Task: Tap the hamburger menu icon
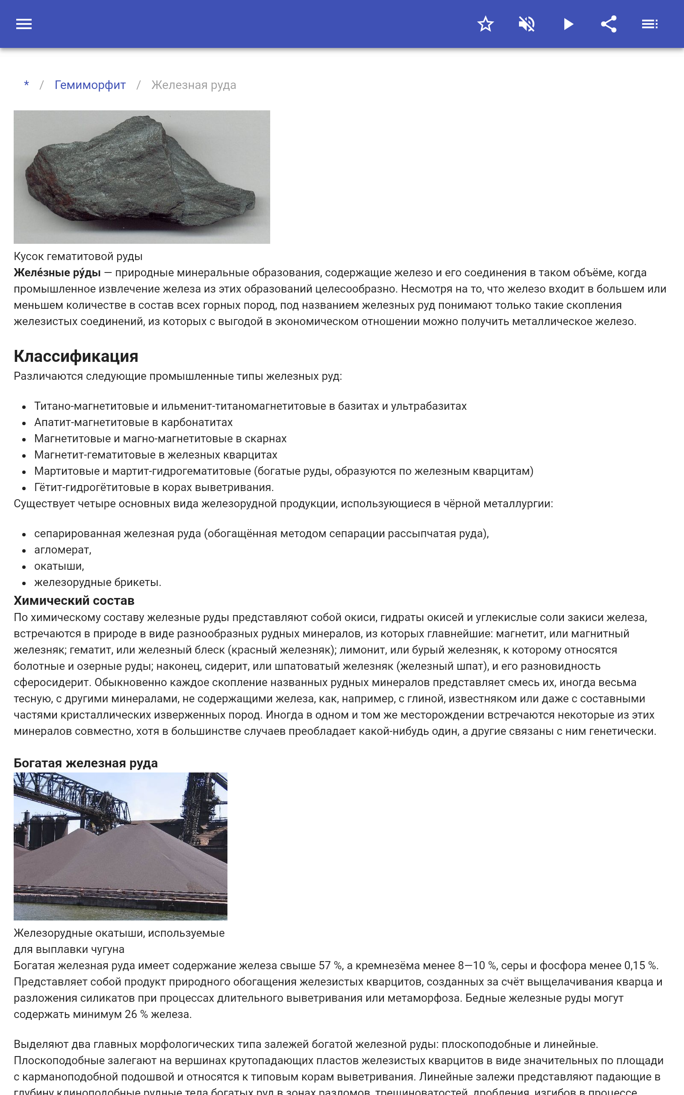(24, 24)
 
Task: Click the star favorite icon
(485, 24)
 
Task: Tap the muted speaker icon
(527, 24)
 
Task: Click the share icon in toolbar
(609, 24)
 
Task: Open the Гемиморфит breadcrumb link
(90, 85)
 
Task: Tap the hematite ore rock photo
(142, 177)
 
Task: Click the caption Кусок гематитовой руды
(78, 257)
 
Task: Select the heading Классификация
(76, 356)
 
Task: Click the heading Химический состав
(74, 601)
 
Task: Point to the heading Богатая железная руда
(85, 763)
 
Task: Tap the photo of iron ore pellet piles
(120, 846)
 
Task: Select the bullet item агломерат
(62, 550)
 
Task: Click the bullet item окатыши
(59, 566)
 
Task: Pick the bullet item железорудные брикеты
(98, 582)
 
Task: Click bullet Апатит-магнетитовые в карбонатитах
(133, 422)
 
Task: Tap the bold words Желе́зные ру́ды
(57, 273)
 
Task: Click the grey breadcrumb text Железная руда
(194, 85)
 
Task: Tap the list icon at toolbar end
(650, 24)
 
